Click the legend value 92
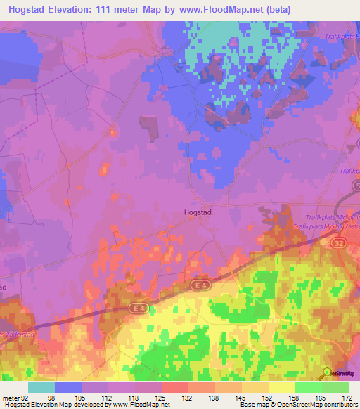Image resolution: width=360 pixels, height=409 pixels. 27,397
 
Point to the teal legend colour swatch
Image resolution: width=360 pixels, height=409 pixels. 41,387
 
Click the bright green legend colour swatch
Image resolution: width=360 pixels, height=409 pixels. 308,387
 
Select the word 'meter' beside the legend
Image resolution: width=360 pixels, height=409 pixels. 11,397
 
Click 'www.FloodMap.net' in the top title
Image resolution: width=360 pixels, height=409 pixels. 209,9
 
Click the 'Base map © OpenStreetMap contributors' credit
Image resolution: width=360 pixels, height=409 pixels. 297,405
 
